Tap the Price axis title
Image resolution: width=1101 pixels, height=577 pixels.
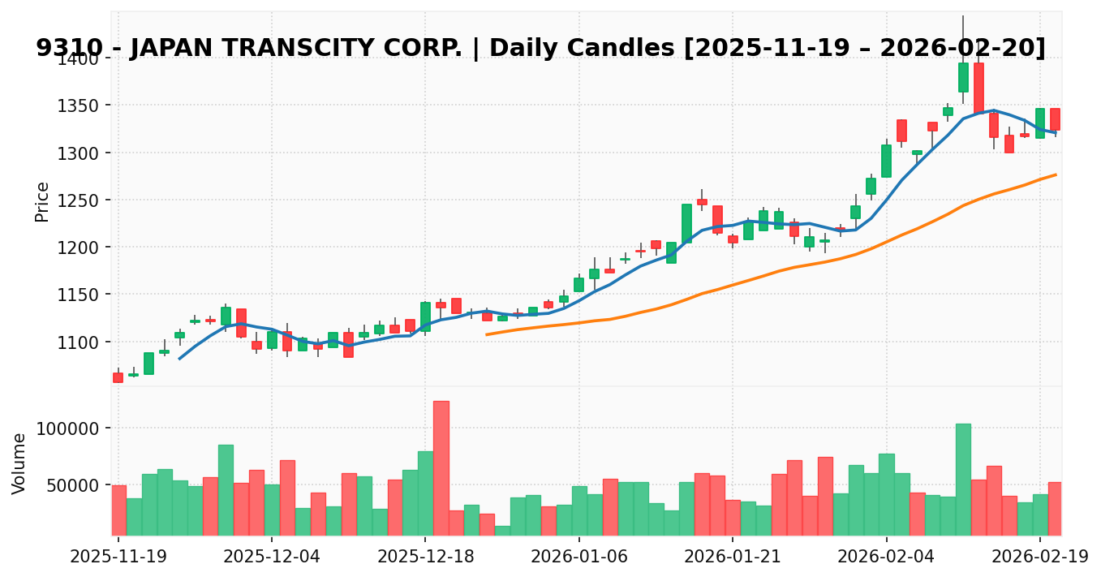coord(42,201)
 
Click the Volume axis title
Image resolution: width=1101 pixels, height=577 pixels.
coord(19,463)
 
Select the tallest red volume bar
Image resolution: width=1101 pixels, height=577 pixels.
coord(441,467)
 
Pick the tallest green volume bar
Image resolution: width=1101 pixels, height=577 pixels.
coord(963,479)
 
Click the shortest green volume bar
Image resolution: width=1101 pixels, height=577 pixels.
coord(502,530)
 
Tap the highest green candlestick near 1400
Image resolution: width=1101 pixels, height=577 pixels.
coord(963,78)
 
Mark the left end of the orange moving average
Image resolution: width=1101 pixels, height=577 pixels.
coord(487,334)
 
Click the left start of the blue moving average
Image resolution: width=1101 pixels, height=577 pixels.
coord(179,358)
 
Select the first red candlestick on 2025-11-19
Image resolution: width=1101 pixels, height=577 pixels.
coord(118,377)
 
